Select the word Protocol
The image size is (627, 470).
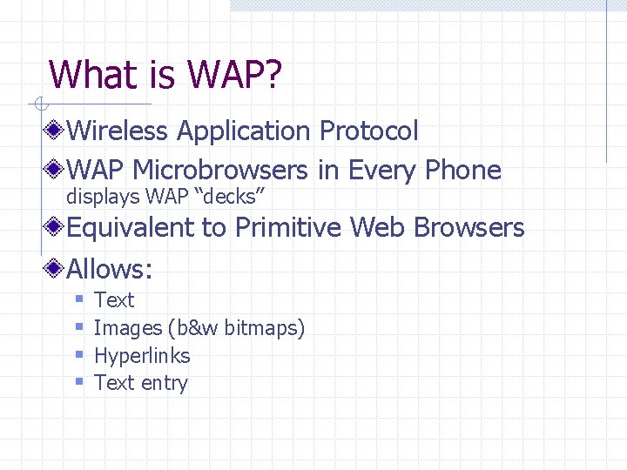369,131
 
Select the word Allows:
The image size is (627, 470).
110,268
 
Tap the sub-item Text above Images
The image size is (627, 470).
114,300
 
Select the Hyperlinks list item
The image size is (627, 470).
142,356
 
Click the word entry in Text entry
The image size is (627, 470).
165,384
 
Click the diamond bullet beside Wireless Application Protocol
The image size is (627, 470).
57,131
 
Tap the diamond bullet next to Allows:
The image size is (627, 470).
57,268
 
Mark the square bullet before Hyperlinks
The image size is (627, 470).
78,356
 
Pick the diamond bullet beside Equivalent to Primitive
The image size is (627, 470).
57,228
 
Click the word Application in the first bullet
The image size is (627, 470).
245,131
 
